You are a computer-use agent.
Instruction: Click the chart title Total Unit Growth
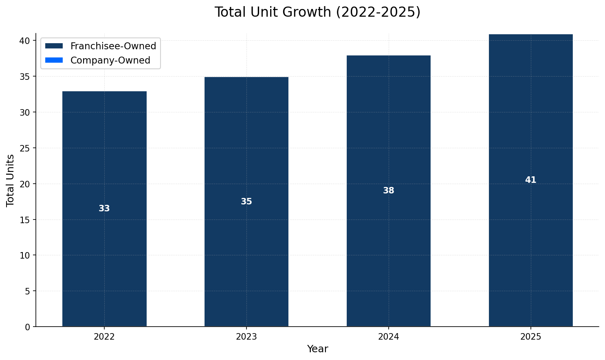pos(317,12)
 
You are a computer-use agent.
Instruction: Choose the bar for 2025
pos(530,244)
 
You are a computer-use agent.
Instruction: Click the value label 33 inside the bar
pos(104,209)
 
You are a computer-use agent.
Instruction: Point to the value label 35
pos(246,202)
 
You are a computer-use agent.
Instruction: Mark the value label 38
pos(389,191)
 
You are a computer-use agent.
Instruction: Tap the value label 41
pos(530,180)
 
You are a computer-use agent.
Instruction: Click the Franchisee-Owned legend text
pos(113,46)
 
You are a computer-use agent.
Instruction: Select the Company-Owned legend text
pos(110,60)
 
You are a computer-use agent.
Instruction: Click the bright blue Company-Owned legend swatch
pos(54,60)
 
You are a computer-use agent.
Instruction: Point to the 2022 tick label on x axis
pos(104,337)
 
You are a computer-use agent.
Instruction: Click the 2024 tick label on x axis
pos(389,337)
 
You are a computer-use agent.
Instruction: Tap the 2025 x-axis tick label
pos(530,337)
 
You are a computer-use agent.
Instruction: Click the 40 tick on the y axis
pos(25,41)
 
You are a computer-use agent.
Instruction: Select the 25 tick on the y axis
pos(25,148)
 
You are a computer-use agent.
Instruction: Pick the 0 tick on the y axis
pos(28,327)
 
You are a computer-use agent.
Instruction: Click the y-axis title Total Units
pos(11,180)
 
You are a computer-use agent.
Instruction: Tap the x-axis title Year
pos(317,349)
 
